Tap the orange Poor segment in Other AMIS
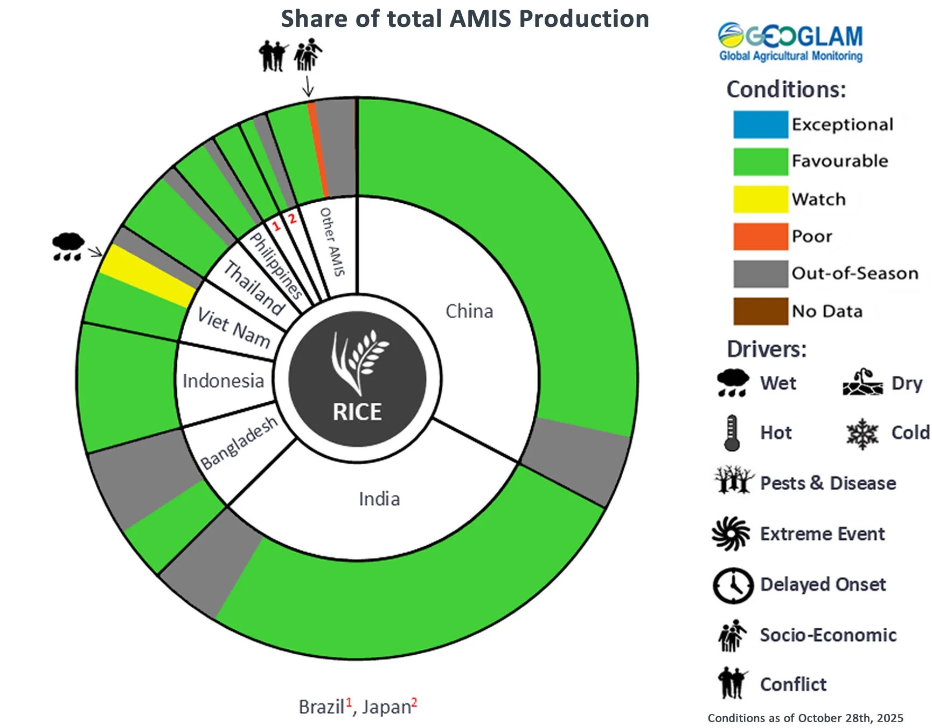(x=318, y=149)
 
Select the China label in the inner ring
(x=469, y=311)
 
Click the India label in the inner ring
(x=379, y=499)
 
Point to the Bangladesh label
(x=239, y=443)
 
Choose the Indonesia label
(x=223, y=381)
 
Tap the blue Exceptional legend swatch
(x=760, y=125)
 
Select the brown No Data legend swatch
(x=760, y=311)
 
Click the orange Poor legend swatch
(x=760, y=236)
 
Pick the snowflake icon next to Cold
(x=862, y=433)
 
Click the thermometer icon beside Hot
(x=732, y=432)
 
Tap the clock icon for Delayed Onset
(x=733, y=585)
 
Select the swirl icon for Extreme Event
(x=731, y=534)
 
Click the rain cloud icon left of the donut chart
(x=68, y=246)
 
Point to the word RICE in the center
(x=357, y=413)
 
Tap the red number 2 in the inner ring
(x=292, y=218)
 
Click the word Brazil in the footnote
(x=321, y=706)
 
